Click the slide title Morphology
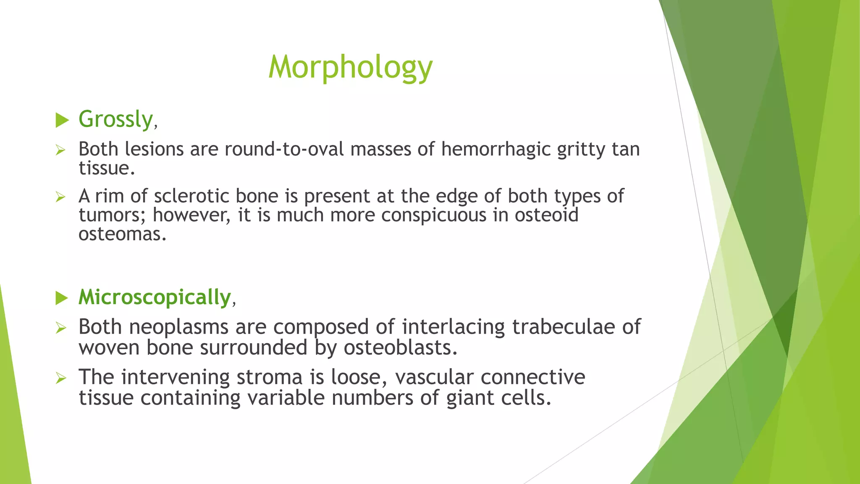(350, 67)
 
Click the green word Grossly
(116, 119)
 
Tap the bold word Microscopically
(155, 297)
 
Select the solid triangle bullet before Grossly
(62, 121)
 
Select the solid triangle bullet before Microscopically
(62, 298)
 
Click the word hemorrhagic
(496, 150)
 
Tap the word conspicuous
(440, 215)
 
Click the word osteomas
(122, 234)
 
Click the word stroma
(269, 377)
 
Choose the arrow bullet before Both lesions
(61, 150)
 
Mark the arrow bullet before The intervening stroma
(61, 378)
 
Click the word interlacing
(453, 327)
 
